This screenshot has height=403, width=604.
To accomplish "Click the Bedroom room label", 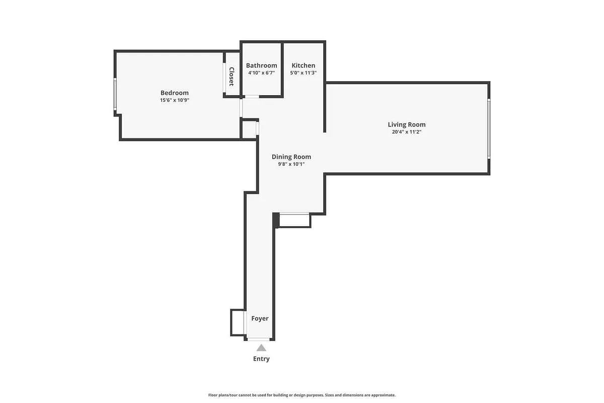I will [174, 93].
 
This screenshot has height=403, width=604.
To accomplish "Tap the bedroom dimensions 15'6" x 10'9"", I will [174, 100].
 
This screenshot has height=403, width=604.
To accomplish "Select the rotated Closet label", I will [232, 77].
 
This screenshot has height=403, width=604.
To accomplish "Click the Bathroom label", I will [261, 65].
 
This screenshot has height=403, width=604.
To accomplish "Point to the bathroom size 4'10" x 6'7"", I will [261, 73].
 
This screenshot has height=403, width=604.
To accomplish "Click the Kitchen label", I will [304, 65].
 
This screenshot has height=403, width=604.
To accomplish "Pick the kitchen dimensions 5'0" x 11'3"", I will [304, 73].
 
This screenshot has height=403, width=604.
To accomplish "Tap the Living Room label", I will [406, 124].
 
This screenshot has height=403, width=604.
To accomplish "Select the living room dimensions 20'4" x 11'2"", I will [406, 132].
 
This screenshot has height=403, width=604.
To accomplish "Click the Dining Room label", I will [291, 157].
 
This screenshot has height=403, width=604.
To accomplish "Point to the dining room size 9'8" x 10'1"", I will [291, 164].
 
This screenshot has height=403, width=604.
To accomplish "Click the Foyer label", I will [260, 318].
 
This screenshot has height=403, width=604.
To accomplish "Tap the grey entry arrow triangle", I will [261, 348].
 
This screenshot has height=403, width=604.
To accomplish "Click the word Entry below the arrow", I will [261, 359].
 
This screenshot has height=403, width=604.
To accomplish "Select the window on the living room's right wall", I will [488, 128].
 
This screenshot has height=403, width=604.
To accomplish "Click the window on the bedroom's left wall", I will [115, 94].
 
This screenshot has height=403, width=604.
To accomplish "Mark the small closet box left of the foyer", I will [238, 322].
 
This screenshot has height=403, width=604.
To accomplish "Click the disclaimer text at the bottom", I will [302, 395].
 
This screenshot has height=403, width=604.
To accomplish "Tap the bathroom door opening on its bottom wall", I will [252, 96].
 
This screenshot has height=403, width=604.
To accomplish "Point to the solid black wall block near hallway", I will [276, 220].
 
